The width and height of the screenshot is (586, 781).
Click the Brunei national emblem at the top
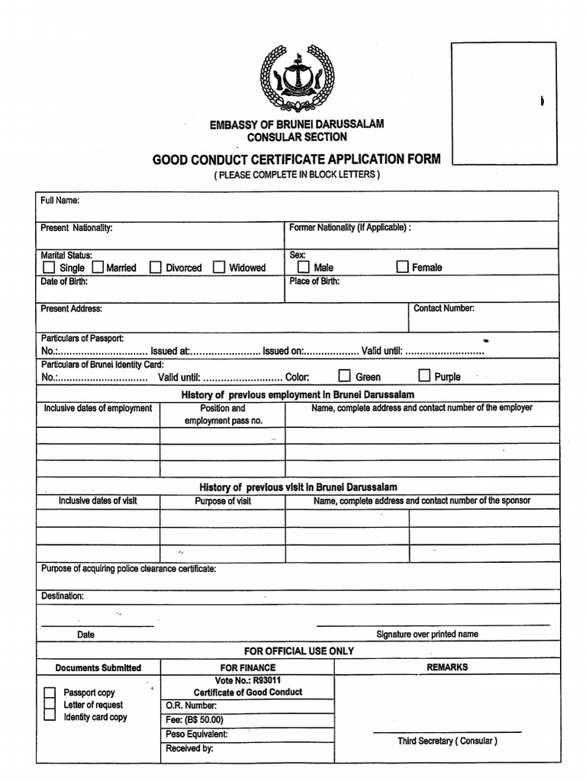coord(298,79)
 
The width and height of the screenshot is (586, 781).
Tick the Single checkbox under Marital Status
coord(49,268)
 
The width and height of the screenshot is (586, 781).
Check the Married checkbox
coord(98,268)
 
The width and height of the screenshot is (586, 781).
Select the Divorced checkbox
coord(156,268)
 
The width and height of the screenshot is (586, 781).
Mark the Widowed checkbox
coord(219,268)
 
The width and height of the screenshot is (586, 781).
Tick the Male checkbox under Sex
coord(303,268)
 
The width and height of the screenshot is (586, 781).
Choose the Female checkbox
coord(402,267)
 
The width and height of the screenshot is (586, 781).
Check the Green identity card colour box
coord(345,376)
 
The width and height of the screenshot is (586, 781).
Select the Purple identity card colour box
coord(424,375)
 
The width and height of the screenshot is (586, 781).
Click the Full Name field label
coord(60,201)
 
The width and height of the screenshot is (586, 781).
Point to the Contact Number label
coord(443,309)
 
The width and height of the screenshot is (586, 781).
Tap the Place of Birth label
coord(314,281)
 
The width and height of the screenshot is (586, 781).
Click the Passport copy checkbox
coord(50,693)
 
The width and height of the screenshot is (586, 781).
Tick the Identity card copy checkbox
coord(50,717)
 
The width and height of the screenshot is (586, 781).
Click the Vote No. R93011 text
coord(247,680)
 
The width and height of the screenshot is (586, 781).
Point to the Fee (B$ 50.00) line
coord(194,720)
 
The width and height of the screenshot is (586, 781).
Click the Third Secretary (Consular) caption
coord(446,741)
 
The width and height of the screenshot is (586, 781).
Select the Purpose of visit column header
coord(223,501)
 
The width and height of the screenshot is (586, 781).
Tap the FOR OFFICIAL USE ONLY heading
coord(298,651)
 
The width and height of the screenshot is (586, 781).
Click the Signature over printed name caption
coord(427,635)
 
